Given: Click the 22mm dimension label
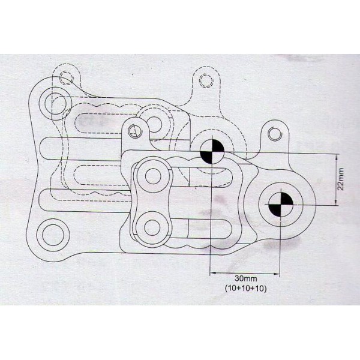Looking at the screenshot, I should click(x=341, y=179).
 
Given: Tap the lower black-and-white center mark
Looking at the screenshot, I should click(x=280, y=205).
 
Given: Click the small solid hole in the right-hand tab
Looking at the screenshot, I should click(x=273, y=133).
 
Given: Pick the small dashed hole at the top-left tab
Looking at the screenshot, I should click(x=66, y=76).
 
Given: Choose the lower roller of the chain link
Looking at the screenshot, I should click(x=152, y=227).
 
